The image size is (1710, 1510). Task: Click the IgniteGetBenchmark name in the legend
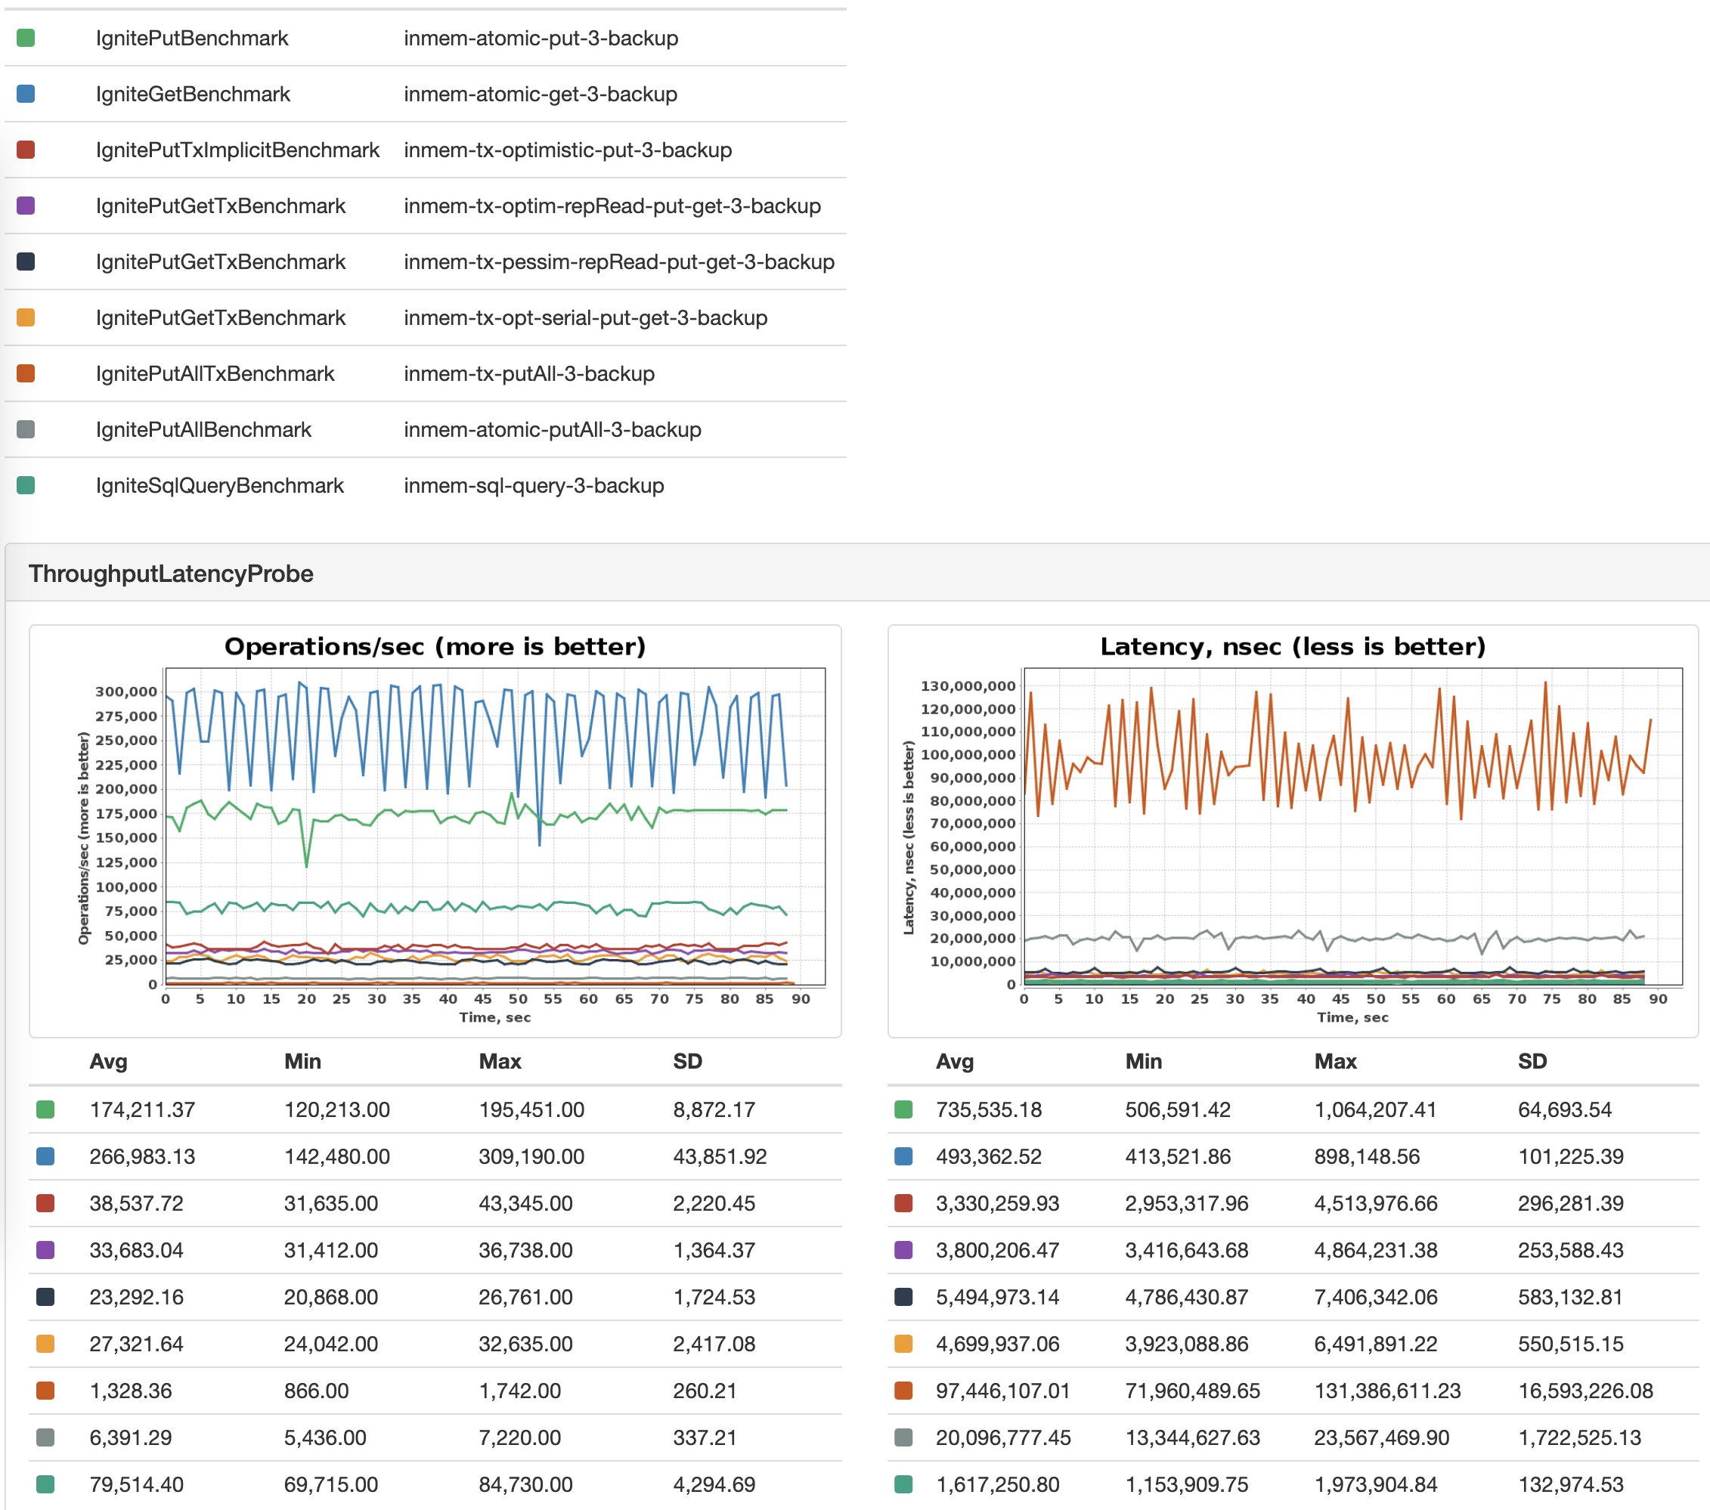click(x=193, y=94)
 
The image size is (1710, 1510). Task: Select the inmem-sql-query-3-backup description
click(x=534, y=486)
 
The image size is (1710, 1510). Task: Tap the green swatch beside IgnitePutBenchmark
click(x=26, y=39)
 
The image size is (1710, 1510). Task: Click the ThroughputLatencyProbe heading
click(x=171, y=574)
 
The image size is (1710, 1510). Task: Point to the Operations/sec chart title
click(x=435, y=647)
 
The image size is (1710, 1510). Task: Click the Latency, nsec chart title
click(x=1293, y=647)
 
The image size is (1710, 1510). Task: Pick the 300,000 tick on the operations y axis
click(x=126, y=692)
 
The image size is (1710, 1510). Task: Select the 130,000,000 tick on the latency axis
click(x=968, y=686)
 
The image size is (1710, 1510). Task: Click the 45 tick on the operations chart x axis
click(x=483, y=999)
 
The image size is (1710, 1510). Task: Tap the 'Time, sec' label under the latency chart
click(x=1352, y=1017)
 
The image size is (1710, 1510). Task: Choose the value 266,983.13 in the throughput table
click(x=142, y=1157)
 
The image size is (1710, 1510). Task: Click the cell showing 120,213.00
click(x=337, y=1110)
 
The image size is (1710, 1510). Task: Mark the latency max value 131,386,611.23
click(x=1387, y=1391)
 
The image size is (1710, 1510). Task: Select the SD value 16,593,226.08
click(x=1585, y=1391)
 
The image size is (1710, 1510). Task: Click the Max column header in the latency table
click(x=1335, y=1062)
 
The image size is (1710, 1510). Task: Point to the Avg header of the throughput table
click(x=109, y=1062)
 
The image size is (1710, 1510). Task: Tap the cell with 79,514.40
click(x=136, y=1485)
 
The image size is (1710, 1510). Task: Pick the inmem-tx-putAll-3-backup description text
click(x=528, y=374)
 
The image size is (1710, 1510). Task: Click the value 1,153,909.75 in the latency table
click(x=1186, y=1485)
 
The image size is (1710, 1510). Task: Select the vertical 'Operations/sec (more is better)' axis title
click(x=84, y=838)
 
